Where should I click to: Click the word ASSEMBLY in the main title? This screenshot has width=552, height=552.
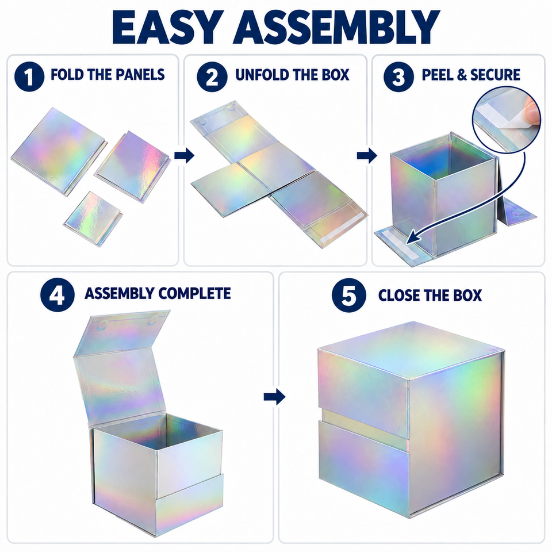click(x=336, y=26)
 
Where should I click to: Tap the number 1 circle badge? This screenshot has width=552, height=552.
click(x=29, y=76)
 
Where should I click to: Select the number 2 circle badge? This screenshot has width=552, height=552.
click(x=212, y=76)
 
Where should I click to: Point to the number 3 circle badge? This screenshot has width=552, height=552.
click(x=398, y=76)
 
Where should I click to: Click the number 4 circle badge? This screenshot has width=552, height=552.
click(x=57, y=294)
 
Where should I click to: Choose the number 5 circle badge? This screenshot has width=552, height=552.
click(x=349, y=295)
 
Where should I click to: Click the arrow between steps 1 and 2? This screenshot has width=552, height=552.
click(x=184, y=155)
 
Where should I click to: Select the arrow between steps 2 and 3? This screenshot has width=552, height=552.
click(x=367, y=155)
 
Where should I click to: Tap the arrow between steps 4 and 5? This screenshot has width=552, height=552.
click(x=275, y=397)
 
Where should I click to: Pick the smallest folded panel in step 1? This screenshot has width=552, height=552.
click(x=93, y=218)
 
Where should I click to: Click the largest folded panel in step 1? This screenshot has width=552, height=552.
click(x=59, y=151)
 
